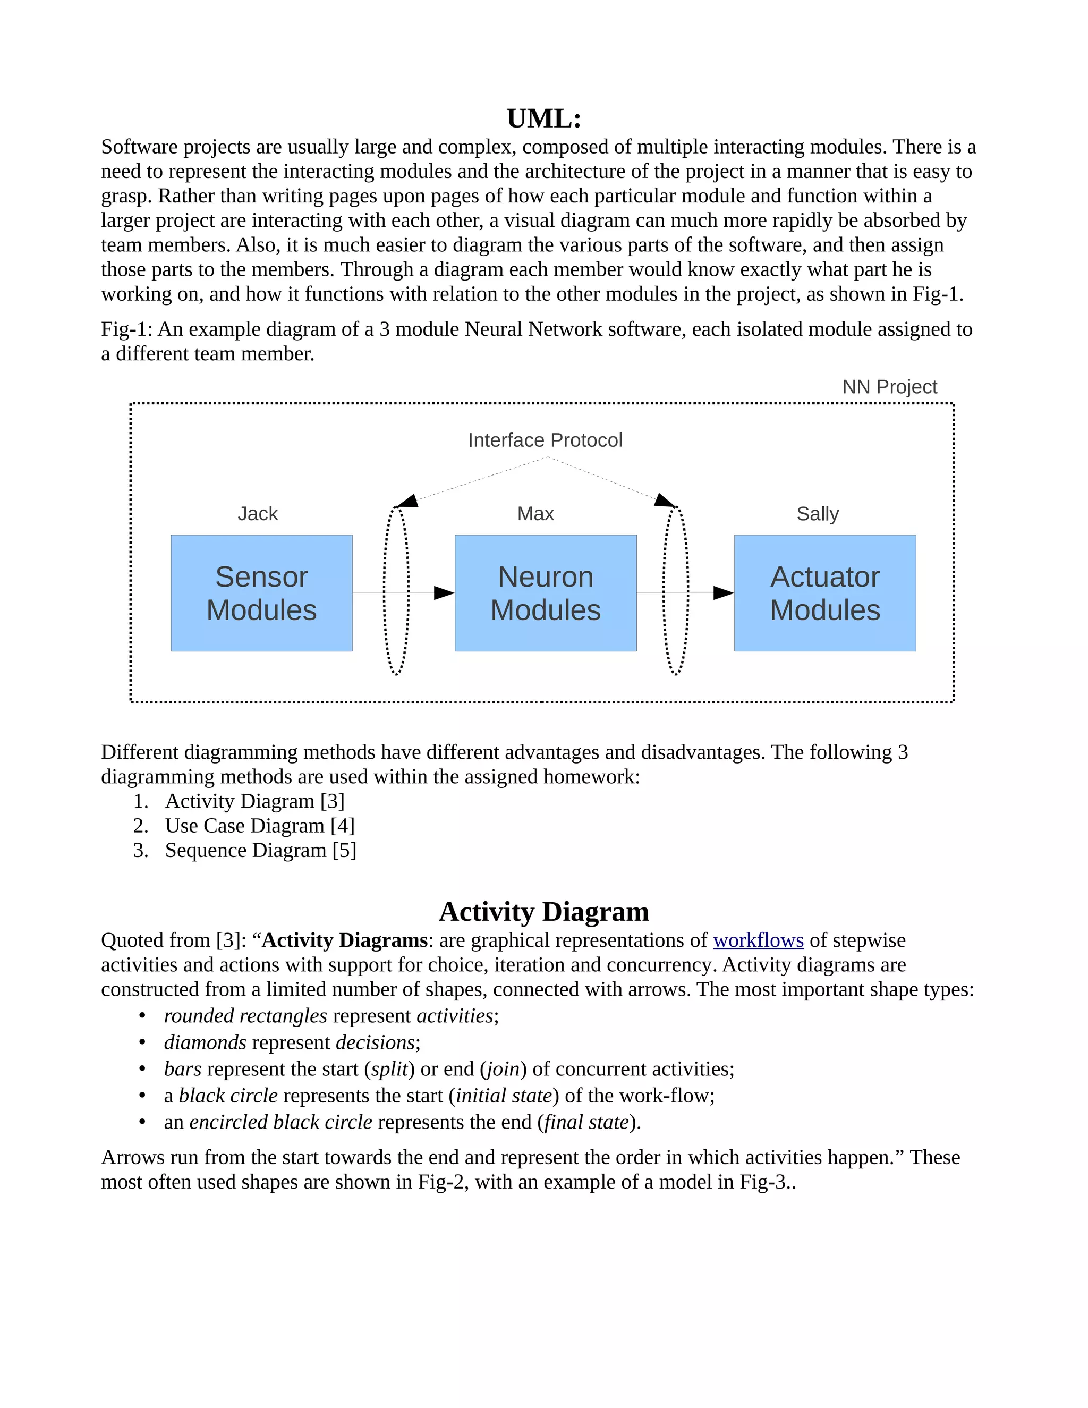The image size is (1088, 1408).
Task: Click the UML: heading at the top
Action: [543, 118]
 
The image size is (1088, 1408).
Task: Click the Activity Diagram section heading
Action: [543, 912]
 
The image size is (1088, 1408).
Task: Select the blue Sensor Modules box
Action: [261, 593]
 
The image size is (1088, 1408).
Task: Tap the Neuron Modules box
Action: [545, 593]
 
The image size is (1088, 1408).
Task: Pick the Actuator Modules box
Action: [824, 593]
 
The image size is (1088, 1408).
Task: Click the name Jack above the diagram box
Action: [257, 514]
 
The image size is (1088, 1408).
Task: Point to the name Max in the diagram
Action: [535, 514]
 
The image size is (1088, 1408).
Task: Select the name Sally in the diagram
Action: [817, 514]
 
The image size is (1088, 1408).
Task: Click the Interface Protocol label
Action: [545, 440]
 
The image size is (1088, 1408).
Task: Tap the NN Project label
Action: [889, 387]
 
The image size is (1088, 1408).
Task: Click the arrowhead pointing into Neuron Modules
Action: [444, 593]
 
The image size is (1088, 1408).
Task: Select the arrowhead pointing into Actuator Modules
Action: [723, 593]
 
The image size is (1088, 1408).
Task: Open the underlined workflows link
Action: [758, 940]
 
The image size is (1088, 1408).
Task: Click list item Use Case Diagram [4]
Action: [259, 826]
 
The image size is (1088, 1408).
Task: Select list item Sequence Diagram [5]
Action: [260, 850]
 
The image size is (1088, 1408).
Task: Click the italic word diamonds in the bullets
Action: [205, 1042]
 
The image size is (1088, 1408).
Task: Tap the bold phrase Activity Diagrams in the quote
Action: [345, 940]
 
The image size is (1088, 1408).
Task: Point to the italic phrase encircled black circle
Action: [280, 1122]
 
